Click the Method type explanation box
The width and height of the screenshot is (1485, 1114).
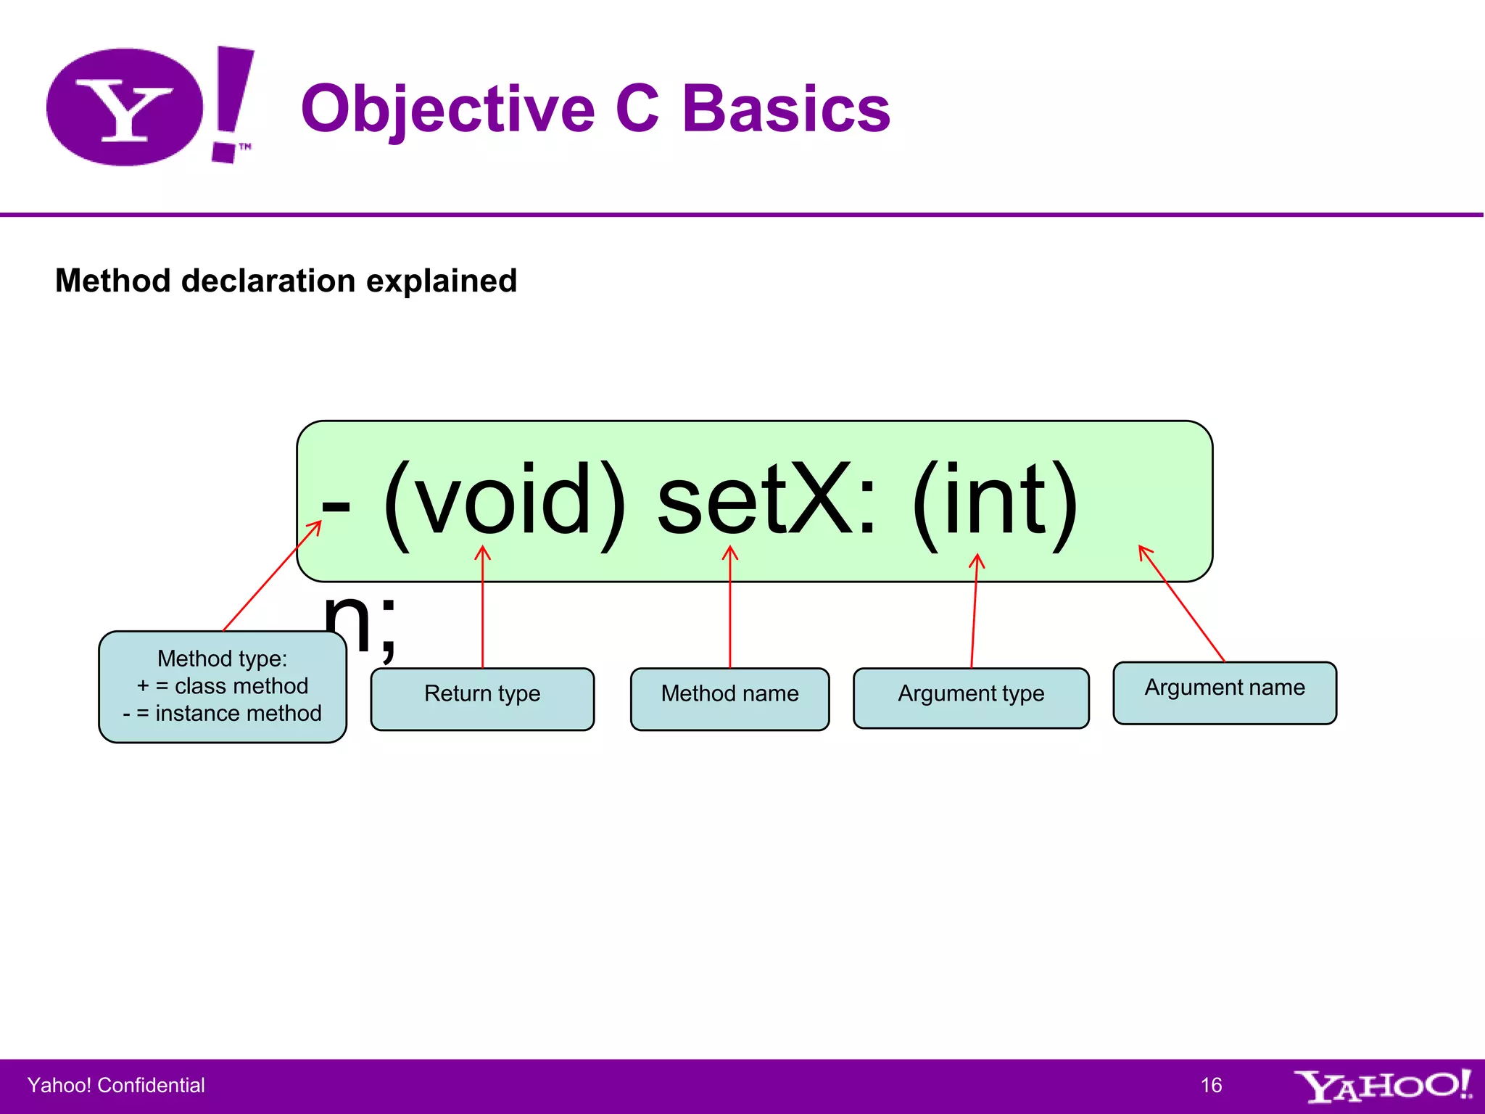click(x=223, y=686)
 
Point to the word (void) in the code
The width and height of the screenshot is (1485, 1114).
click(x=504, y=502)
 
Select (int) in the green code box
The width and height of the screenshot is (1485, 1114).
click(x=995, y=502)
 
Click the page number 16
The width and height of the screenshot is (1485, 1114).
click(x=1211, y=1085)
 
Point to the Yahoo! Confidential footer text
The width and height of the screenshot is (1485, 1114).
click(x=116, y=1085)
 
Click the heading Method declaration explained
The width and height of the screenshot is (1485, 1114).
click(x=286, y=281)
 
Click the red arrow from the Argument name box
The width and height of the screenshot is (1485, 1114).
click(x=1182, y=603)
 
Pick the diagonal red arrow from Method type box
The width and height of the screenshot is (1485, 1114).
click(x=272, y=576)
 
